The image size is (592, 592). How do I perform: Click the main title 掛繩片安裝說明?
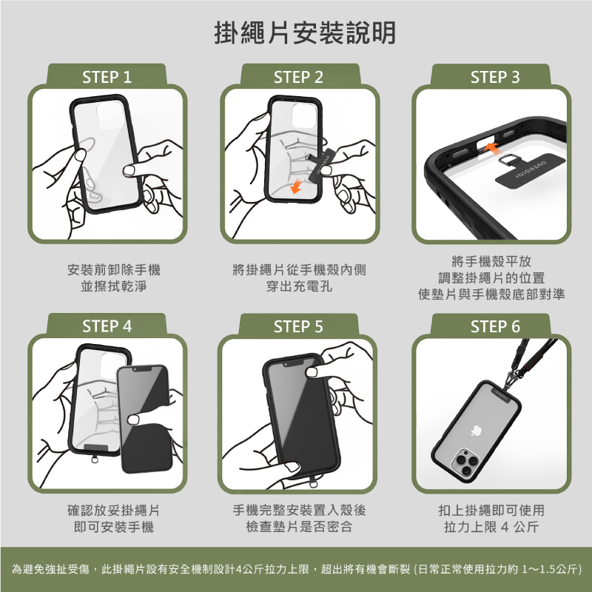pos(305,33)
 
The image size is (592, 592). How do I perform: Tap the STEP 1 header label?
pos(107,77)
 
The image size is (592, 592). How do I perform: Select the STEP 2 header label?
pos(299,77)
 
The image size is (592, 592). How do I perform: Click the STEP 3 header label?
pos(495,77)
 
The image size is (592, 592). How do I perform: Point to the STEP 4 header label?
pos(107,326)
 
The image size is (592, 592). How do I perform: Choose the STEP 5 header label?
pos(299,326)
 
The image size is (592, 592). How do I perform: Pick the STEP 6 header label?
pos(495,326)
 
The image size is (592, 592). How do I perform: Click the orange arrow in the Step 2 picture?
pos(296,186)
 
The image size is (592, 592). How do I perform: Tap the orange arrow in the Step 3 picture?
pos(492,147)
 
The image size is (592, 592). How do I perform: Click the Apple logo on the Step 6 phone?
pos(476,431)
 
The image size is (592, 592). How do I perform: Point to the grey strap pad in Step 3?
pos(530,169)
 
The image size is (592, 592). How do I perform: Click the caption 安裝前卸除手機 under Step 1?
pos(114,269)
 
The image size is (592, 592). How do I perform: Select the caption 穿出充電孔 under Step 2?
pos(299,286)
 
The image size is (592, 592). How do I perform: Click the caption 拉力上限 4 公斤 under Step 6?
pos(491,527)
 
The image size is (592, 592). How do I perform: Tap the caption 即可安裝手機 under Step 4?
pos(114,527)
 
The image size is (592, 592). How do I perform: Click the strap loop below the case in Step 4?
pos(95,460)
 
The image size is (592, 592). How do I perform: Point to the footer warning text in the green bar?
pos(297,568)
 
